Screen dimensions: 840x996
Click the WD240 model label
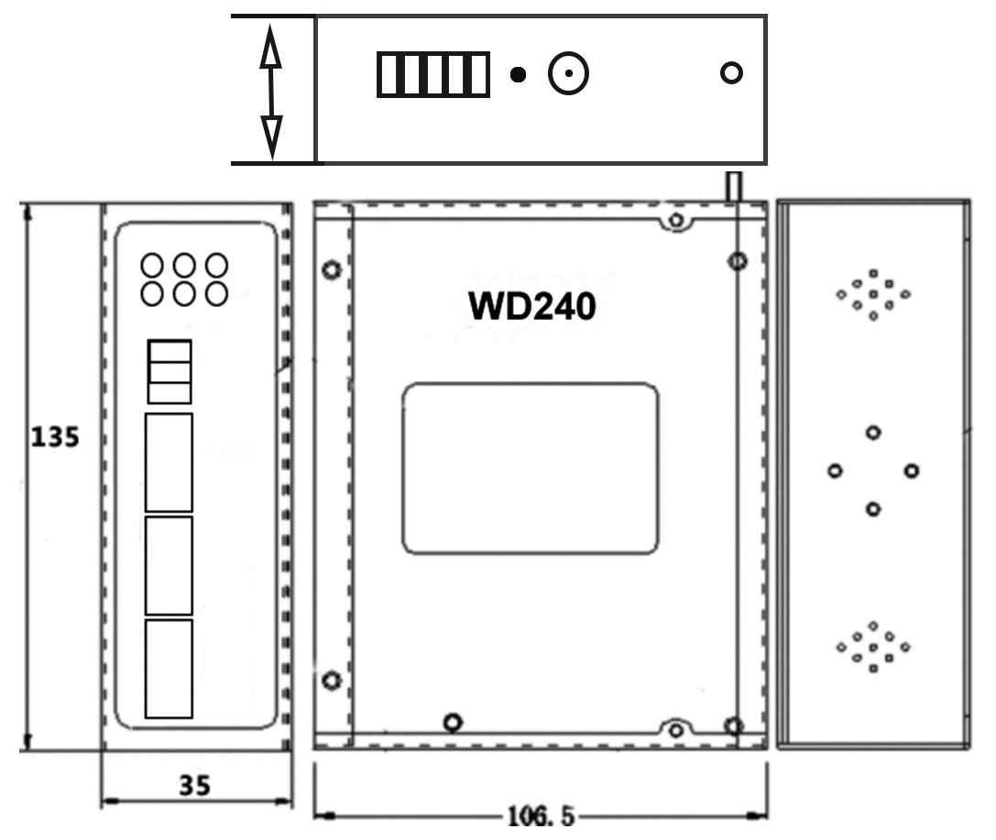(x=531, y=307)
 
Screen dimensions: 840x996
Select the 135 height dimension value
(x=55, y=437)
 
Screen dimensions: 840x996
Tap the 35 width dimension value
(x=194, y=785)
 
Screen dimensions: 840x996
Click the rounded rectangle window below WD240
(x=531, y=469)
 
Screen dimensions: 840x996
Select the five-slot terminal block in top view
(x=432, y=75)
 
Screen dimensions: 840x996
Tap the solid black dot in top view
(x=519, y=75)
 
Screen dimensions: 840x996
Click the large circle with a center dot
(x=568, y=74)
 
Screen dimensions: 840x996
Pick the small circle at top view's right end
(x=731, y=73)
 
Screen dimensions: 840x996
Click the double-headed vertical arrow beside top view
(x=270, y=90)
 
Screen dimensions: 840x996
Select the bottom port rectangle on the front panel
(x=169, y=669)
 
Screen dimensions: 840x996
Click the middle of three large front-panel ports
(x=169, y=565)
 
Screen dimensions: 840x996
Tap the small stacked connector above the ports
(x=169, y=371)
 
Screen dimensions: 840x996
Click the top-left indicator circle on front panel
(x=152, y=266)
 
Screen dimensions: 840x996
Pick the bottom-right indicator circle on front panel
(x=216, y=294)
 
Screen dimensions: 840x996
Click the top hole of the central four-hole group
(x=873, y=432)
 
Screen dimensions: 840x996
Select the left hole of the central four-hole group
(x=835, y=471)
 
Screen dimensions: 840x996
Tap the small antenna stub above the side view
(x=732, y=186)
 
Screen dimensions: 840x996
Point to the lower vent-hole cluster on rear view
(x=872, y=647)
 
